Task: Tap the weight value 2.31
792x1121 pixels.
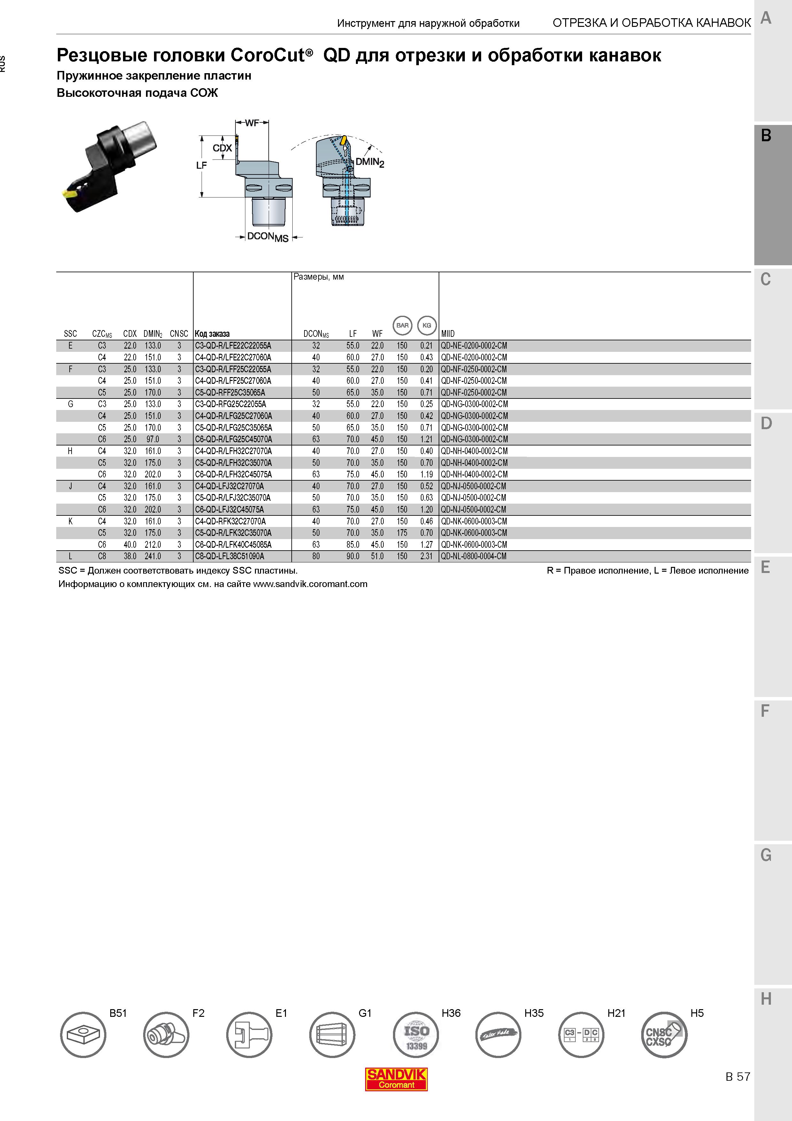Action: [427, 556]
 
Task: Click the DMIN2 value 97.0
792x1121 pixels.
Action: [153, 439]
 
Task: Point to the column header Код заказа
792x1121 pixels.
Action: [212, 334]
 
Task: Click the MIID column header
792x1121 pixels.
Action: [448, 334]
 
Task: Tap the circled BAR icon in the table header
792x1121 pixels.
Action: [402, 325]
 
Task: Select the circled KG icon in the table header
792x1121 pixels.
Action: [427, 325]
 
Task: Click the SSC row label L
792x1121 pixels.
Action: [70, 556]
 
